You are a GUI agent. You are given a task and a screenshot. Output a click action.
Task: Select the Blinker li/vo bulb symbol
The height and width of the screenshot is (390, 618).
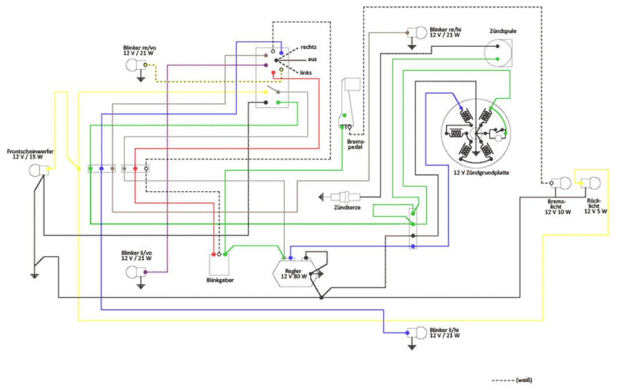point(135,271)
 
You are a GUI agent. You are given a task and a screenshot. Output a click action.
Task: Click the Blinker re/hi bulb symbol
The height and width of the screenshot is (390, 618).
point(418,32)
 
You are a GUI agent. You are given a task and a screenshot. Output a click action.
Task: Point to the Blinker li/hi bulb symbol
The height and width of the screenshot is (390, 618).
point(418,333)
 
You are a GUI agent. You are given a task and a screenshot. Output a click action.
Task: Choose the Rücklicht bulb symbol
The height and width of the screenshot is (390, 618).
point(592,183)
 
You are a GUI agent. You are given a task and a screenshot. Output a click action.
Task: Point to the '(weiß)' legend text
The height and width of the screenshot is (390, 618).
point(523,380)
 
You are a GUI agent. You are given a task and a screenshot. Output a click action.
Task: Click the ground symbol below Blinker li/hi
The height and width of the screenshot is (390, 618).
point(412,347)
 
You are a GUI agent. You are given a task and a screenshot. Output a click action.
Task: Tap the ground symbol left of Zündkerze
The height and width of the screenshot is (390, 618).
point(321,197)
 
